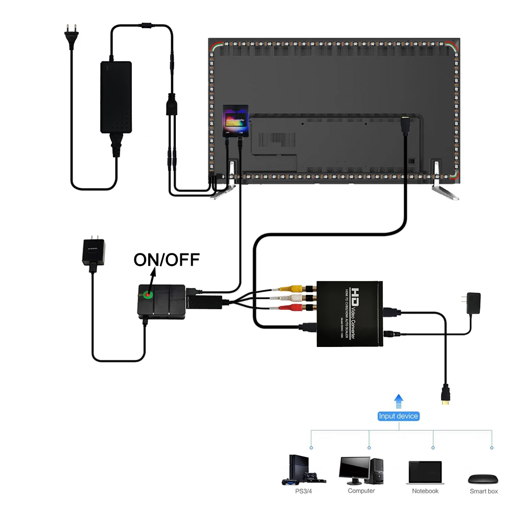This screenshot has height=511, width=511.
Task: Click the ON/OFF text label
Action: (166, 260)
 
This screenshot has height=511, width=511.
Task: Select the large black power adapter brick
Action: (116, 97)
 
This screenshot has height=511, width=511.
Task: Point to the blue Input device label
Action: (399, 416)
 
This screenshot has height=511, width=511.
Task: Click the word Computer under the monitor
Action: (361, 491)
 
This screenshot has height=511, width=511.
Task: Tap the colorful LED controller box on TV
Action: (236, 121)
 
